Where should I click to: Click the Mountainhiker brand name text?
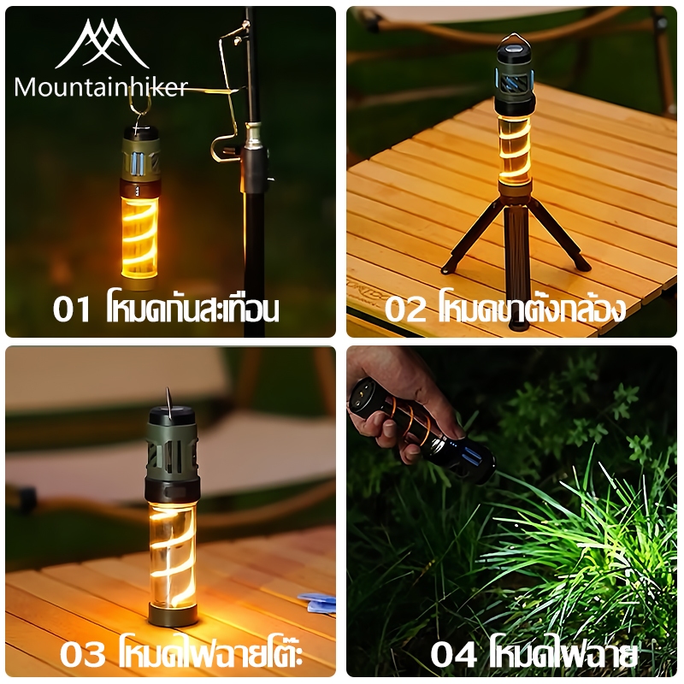coord(101,87)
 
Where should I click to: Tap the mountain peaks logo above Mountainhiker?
coord(102,44)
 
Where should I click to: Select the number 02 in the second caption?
coord(404,310)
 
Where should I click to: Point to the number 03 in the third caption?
coord(83,654)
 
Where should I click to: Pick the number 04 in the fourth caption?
coord(453,654)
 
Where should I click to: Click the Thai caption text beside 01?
coord(192,308)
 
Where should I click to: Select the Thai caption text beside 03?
coord(211,652)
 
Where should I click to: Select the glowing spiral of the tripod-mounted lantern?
coord(515,148)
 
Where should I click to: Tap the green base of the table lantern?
coord(173,614)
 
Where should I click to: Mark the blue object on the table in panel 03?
coord(318,603)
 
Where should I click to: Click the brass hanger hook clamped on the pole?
coord(227,91)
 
